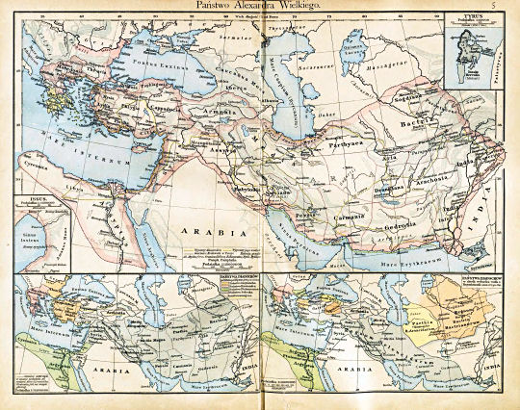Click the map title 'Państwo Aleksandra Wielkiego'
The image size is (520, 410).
[x=260, y=6]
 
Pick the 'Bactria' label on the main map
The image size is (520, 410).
[x=425, y=126]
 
